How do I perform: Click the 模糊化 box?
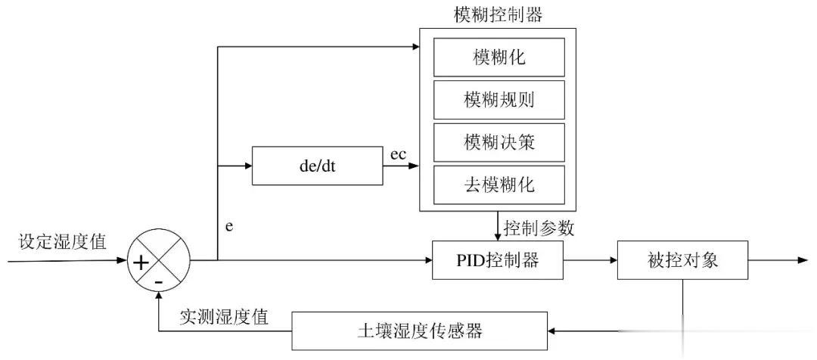pos(498,57)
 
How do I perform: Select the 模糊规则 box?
pos(498,99)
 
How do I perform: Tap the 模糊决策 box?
pos(498,141)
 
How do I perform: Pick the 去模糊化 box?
pos(498,183)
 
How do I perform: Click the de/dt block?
pos(318,166)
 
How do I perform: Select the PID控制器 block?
pos(497,261)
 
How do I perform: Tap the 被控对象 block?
pos(682,261)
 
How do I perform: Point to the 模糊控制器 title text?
pos(498,14)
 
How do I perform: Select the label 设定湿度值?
pos(63,242)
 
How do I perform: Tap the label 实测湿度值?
pos(224,317)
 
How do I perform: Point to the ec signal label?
pos(398,155)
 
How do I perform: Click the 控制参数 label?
pos(539,225)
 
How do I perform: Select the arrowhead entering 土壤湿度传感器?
pos(551,331)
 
